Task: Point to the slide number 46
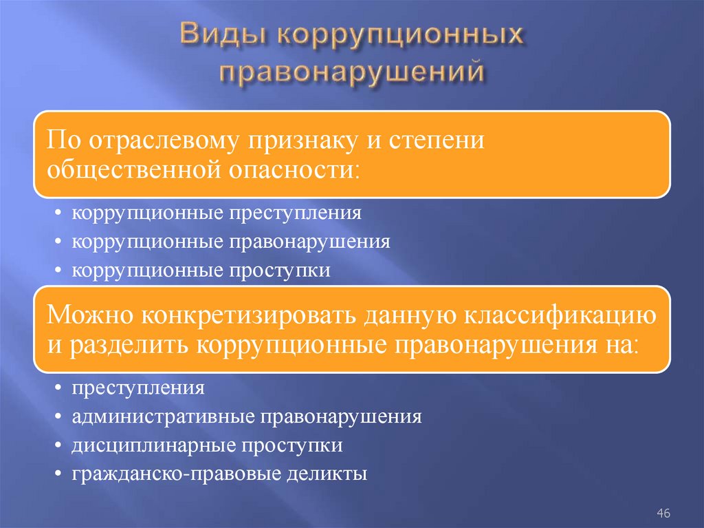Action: coord(663,513)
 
